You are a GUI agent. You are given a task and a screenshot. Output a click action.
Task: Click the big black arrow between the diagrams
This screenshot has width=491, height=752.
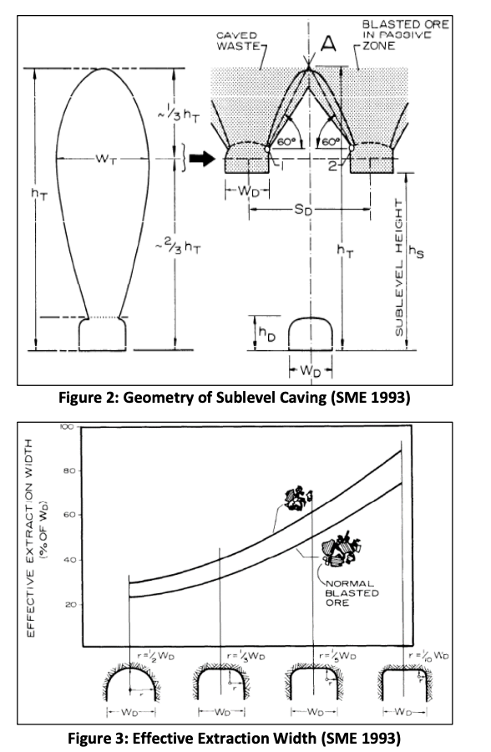tap(200, 160)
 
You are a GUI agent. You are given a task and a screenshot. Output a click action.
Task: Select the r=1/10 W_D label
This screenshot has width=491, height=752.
tap(429, 658)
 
